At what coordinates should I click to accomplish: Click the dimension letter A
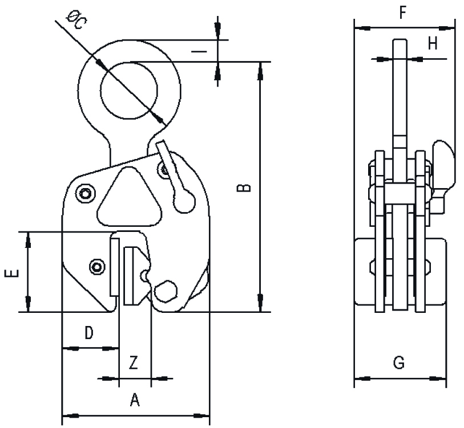135,400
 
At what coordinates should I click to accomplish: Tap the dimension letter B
244,188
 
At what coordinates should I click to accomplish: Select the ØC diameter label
76,19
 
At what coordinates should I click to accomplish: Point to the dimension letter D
89,333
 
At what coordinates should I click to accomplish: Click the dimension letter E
12,273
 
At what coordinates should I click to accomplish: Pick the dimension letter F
402,13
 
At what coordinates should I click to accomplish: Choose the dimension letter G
399,362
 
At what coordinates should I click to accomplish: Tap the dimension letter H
433,44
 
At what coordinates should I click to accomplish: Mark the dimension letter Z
134,362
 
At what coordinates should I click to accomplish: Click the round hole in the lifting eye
129,91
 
